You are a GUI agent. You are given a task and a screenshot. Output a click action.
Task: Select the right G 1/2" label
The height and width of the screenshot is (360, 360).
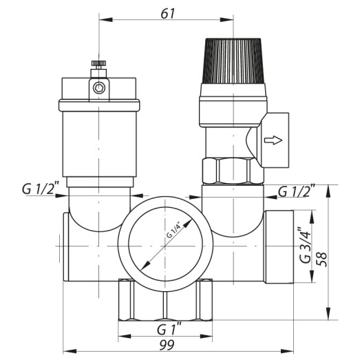click(296, 190)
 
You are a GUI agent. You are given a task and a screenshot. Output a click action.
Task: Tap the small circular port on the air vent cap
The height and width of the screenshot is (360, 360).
click(100, 88)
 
